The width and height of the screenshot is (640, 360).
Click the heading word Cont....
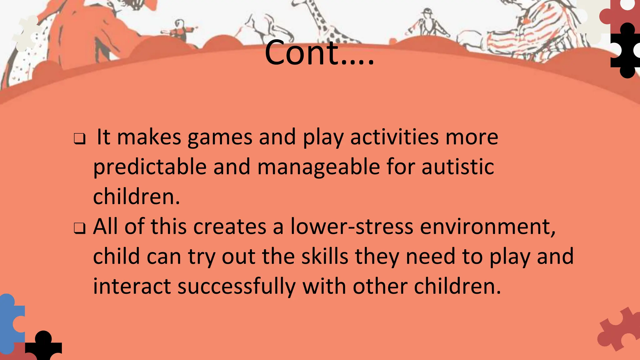pos(319,53)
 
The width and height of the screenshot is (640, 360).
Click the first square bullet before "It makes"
pos(80,139)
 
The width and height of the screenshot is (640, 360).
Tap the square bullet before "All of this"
pos(80,229)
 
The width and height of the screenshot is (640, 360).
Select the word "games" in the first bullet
pos(220,137)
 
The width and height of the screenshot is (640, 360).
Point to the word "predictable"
pos(150,167)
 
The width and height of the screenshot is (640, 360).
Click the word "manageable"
pos(318,167)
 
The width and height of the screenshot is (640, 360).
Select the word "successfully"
pos(236,287)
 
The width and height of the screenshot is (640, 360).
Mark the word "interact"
pos(132,287)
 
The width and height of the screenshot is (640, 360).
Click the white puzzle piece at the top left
pos(27,33)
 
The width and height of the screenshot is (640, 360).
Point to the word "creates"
pos(230,227)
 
